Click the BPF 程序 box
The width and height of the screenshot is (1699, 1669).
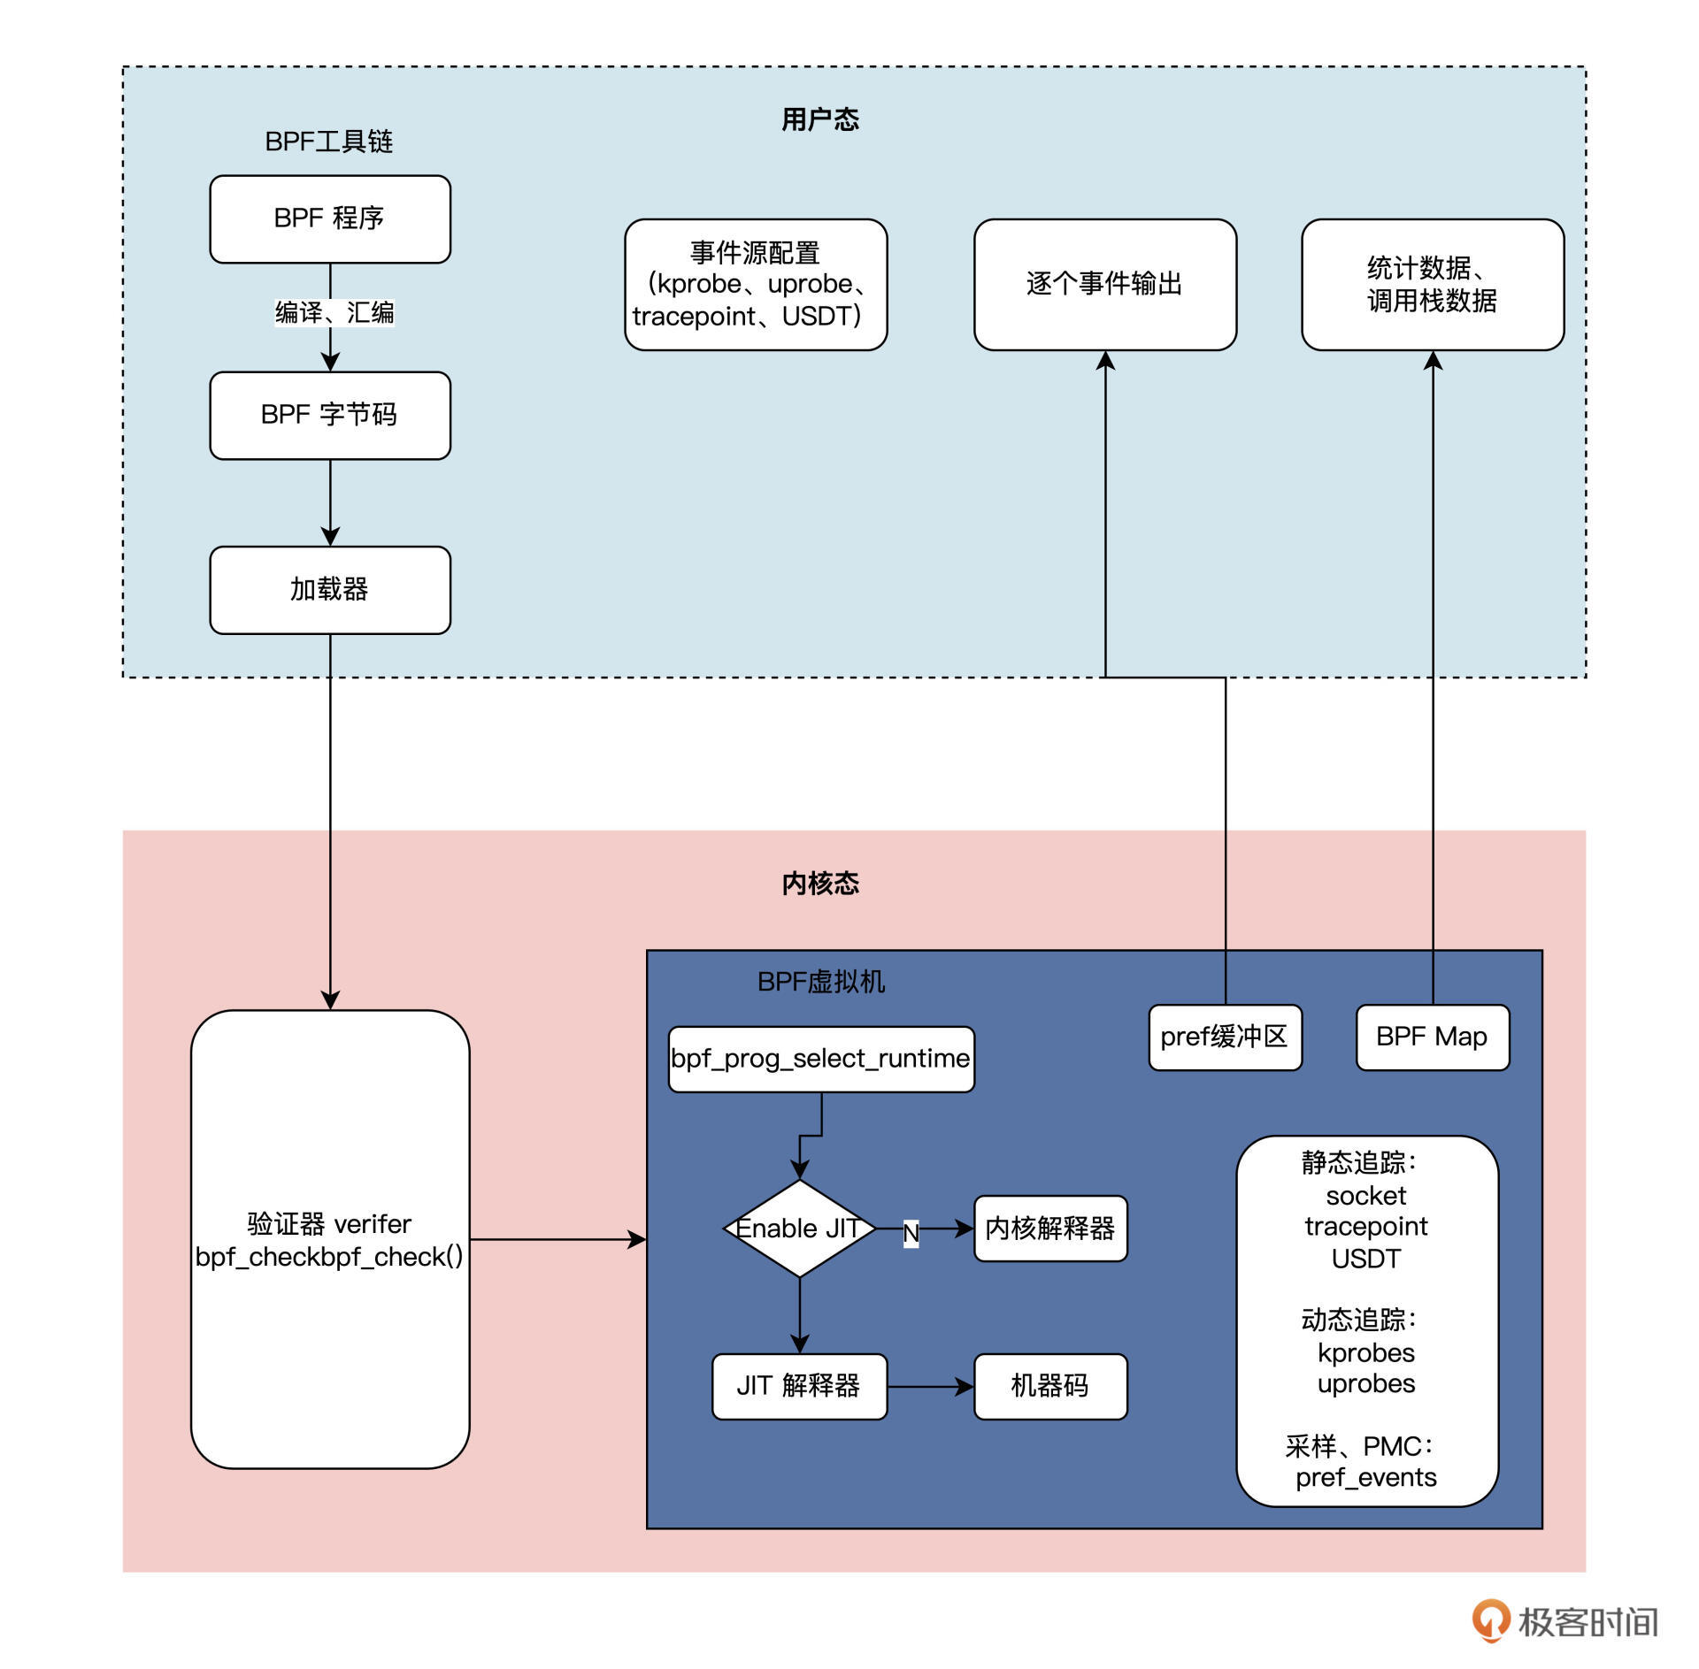click(x=329, y=218)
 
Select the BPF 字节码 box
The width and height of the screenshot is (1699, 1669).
click(x=329, y=415)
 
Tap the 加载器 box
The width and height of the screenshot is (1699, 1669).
click(x=329, y=590)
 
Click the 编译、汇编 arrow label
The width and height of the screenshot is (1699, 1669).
click(x=334, y=312)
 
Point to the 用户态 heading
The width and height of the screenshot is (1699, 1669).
click(x=819, y=119)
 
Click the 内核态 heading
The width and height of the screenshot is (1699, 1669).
click(x=819, y=883)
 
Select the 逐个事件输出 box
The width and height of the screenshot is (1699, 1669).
click(x=1104, y=284)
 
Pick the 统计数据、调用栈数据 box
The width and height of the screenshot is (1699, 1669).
click(x=1432, y=284)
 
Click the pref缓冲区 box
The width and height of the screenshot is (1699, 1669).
click(x=1225, y=1037)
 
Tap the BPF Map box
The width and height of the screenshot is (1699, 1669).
click(x=1432, y=1037)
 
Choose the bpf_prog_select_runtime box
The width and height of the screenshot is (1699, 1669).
click(x=820, y=1059)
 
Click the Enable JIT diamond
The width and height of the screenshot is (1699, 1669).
click(x=799, y=1229)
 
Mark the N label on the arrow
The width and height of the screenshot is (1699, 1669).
click(x=911, y=1233)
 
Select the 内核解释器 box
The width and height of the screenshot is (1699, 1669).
click(x=1050, y=1229)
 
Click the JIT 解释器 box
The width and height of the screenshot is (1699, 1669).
click(x=799, y=1386)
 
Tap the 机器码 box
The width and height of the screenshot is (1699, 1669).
click(x=1050, y=1386)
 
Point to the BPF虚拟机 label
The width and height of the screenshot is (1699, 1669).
click(x=820, y=982)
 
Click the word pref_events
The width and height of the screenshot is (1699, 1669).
click(x=1365, y=1477)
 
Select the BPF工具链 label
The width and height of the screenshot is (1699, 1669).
click(x=328, y=142)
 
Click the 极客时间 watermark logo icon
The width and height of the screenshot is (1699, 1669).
click(x=1490, y=1620)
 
